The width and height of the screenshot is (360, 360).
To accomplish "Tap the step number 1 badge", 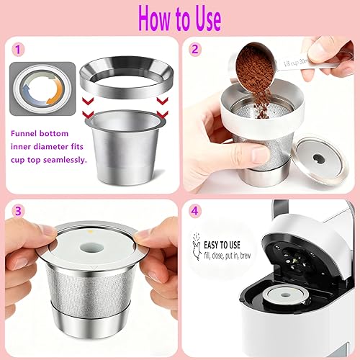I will click(18, 51).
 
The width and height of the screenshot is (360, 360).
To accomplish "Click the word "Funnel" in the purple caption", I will click(31, 132).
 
